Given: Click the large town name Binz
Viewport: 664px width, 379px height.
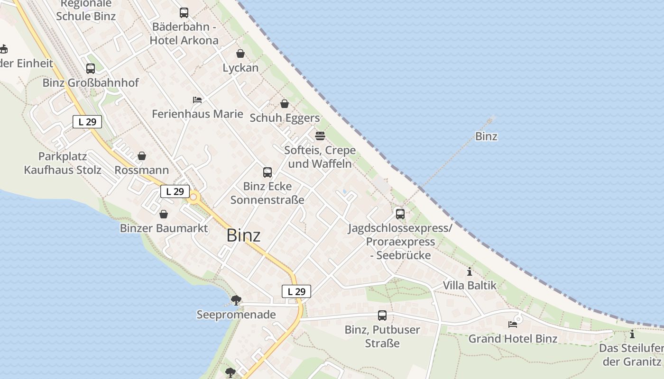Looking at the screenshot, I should [243, 235].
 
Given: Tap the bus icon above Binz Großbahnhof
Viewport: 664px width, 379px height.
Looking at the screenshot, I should [91, 69].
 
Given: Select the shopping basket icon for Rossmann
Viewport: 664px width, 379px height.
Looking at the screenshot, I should [142, 156].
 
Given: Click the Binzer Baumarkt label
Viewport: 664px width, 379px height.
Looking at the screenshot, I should [164, 228].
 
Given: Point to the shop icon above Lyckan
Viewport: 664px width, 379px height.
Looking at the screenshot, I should [240, 54].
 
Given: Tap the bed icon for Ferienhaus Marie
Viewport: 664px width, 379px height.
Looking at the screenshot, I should [197, 100].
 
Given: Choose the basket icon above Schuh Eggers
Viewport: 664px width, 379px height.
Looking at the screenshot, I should [285, 104].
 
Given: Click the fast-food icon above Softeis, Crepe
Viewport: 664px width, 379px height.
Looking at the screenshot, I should [320, 136].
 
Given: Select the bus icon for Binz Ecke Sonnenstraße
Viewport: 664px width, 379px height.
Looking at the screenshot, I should [267, 172].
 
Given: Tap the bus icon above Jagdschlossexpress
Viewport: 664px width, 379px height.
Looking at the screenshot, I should [400, 214].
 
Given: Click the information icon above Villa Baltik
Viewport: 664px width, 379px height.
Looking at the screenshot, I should [470, 271].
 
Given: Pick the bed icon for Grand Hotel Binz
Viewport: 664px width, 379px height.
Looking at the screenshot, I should [513, 325].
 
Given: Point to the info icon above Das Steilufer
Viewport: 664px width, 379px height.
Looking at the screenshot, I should [632, 334].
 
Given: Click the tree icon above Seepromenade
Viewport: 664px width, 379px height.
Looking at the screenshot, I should [236, 300].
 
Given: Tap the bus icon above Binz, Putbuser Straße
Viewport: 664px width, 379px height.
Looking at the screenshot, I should [382, 315].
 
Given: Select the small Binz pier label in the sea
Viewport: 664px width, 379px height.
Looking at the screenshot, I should [486, 136].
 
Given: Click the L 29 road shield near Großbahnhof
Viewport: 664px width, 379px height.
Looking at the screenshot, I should [87, 122].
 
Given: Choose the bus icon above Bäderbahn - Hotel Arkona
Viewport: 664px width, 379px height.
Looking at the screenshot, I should [184, 13].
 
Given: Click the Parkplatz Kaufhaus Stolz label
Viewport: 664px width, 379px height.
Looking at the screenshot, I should [63, 163].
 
